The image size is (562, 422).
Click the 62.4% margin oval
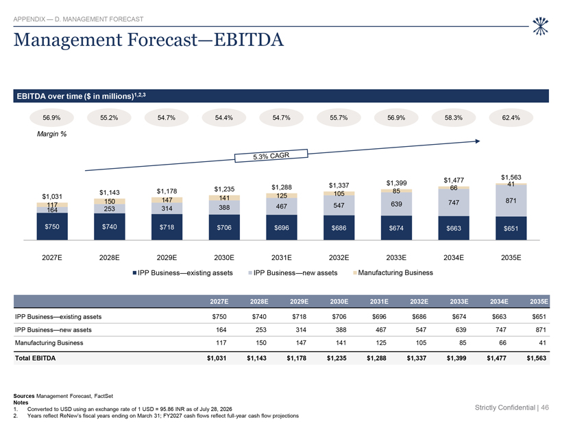point(511,117)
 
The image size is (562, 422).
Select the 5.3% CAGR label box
point(271,156)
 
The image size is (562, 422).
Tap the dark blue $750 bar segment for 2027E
point(52,226)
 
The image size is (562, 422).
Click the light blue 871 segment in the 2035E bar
point(511,200)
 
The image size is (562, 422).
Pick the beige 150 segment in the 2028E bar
point(110,201)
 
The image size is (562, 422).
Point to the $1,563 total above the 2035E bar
point(511,177)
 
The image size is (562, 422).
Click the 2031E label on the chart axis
point(282,257)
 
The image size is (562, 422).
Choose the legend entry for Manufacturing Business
point(393,272)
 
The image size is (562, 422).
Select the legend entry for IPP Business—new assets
point(293,272)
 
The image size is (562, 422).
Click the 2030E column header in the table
point(339,301)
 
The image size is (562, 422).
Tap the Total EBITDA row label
point(35,358)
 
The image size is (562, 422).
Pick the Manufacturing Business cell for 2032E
point(421,342)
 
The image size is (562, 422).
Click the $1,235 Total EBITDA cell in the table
point(337,358)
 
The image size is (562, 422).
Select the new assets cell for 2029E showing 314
point(301,330)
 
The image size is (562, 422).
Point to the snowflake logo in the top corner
point(540,26)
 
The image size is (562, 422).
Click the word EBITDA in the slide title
point(248,40)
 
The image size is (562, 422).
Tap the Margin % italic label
point(51,134)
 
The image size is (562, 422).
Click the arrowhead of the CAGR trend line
point(478,141)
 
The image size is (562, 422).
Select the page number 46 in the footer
point(545,408)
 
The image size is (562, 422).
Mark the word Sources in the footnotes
point(24,396)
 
